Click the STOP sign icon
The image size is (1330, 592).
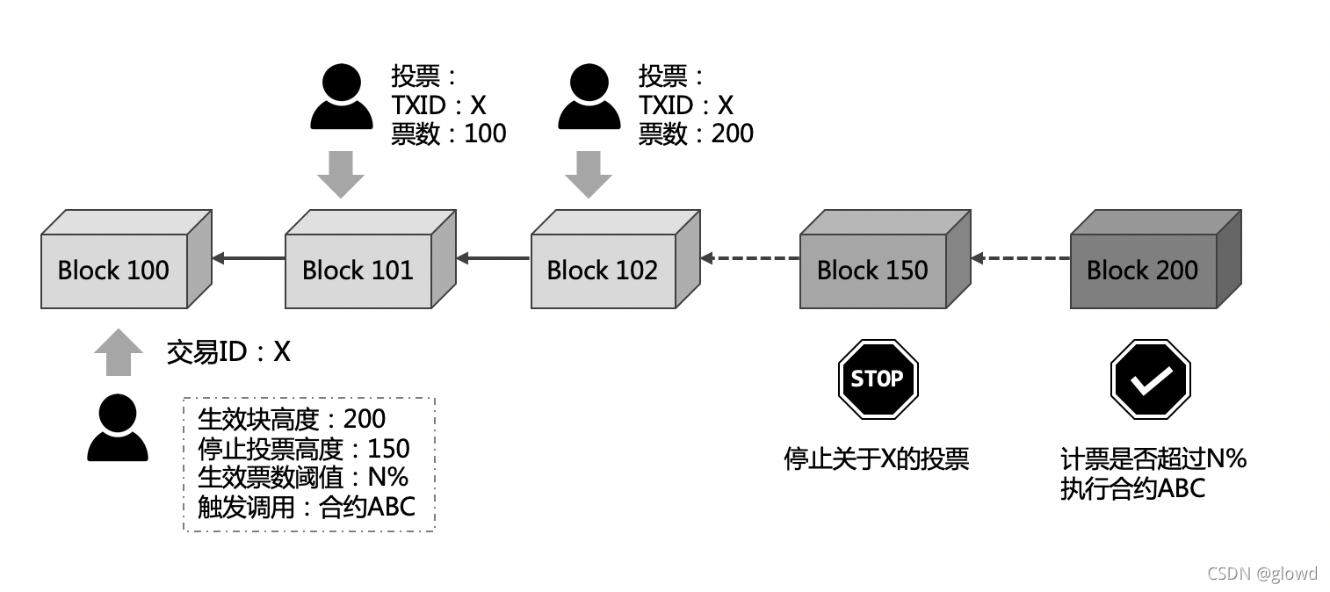coord(878,379)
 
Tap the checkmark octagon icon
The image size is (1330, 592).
coord(1150,379)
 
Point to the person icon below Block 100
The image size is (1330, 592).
coord(118,428)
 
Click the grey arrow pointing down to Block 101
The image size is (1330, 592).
coord(341,174)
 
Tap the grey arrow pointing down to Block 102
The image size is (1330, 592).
coord(589,174)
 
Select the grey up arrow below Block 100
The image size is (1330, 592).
coord(118,352)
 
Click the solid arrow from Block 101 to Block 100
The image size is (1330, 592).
coord(249,258)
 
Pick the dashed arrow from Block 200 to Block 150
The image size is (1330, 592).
coord(1020,258)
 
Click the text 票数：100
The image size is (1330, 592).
coord(449,133)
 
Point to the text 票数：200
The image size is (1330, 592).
coord(696,133)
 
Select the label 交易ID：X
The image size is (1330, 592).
coord(228,352)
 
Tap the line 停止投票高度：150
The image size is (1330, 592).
coord(304,449)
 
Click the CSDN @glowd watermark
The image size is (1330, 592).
coord(1262,574)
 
